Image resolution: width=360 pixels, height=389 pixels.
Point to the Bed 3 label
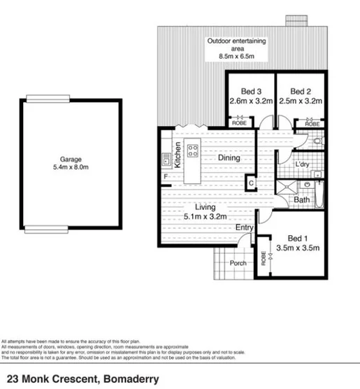point(251,91)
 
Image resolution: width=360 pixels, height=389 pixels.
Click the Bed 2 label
point(300,91)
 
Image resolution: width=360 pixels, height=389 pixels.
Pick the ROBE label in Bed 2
point(312,124)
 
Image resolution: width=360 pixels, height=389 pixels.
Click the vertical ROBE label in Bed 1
point(264,260)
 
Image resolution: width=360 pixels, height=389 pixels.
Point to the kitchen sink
point(166,160)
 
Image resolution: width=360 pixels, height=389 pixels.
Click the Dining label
point(228,158)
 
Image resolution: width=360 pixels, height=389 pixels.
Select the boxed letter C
point(251,183)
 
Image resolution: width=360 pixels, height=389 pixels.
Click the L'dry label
point(303,164)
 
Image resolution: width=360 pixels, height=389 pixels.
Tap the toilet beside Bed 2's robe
point(318,141)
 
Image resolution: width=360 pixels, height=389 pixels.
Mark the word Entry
point(244,227)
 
